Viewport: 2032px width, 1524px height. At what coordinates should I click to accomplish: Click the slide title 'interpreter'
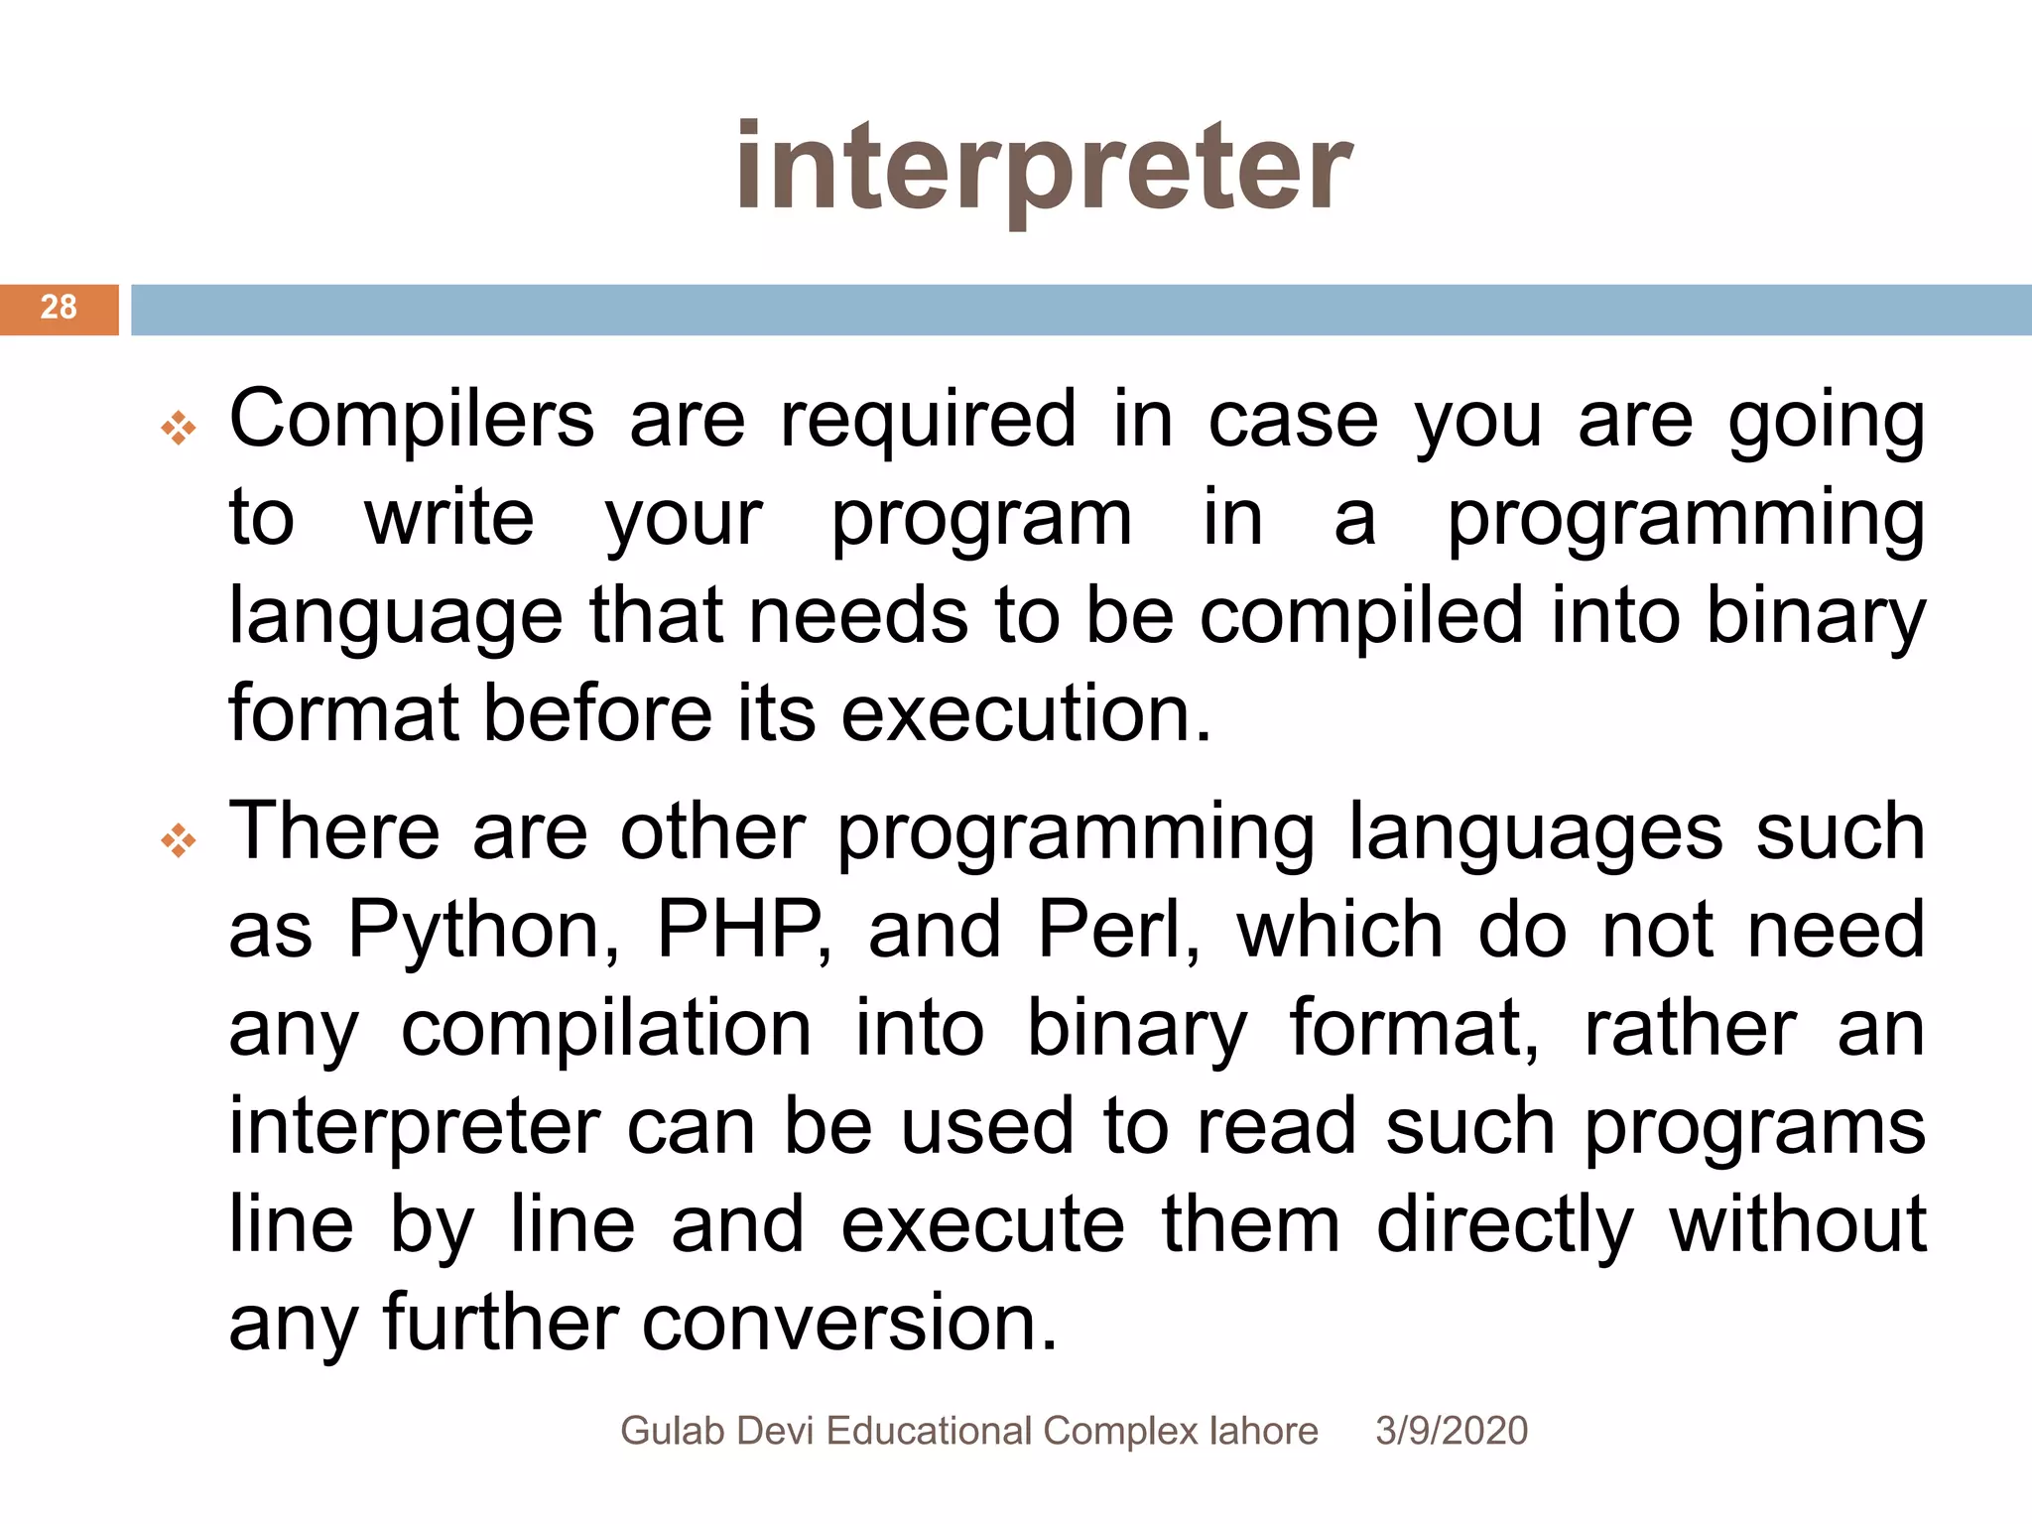coord(1044,169)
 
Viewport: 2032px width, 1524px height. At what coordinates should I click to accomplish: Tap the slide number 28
coord(59,308)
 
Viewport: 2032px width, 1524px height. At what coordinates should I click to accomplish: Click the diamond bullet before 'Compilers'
coord(179,428)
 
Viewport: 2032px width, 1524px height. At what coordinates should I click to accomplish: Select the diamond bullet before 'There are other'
coord(179,840)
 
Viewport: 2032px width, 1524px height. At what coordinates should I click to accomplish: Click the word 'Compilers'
coord(412,420)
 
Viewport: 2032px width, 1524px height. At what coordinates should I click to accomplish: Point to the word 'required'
coord(928,420)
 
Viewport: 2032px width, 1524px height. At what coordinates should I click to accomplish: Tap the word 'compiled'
coord(1360,616)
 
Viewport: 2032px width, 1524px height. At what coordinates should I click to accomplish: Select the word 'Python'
coord(474,931)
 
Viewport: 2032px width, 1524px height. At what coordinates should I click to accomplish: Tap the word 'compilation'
coord(606,1028)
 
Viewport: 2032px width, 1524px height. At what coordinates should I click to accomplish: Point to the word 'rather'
coord(1690,1028)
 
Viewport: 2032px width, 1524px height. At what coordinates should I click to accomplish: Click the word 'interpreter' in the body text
coord(415,1127)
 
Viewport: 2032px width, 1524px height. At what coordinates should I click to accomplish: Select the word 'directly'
coord(1504,1225)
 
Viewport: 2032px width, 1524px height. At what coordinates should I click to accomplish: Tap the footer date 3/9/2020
coord(1451,1431)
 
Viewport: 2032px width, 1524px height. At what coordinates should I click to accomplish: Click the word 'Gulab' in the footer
coord(673,1431)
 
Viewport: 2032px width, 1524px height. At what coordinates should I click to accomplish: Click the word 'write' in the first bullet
coord(449,518)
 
